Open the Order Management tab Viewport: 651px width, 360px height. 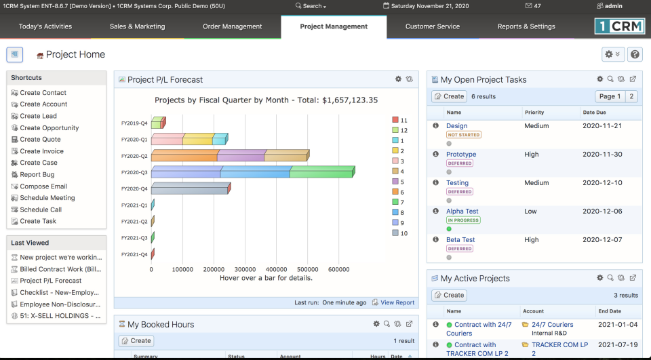(232, 26)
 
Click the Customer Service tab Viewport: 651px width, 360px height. (432, 26)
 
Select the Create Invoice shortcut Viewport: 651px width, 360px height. (41, 151)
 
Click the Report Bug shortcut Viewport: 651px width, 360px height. (37, 175)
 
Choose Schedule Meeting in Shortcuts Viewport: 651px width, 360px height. (47, 198)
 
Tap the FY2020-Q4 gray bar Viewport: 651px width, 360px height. (190, 188)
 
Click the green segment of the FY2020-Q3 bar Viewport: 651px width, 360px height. (321, 172)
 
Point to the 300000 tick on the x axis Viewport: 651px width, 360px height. (245, 269)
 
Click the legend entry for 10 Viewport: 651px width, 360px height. (399, 233)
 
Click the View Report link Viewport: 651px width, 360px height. (397, 303)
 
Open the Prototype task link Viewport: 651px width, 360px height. (461, 155)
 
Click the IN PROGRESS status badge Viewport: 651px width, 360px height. (463, 220)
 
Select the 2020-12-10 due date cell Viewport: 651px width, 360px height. (602, 183)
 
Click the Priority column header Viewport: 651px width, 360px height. (534, 113)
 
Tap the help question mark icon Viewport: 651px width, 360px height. (635, 54)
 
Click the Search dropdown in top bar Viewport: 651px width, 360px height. (311, 6)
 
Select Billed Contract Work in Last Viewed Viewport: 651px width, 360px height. (61, 269)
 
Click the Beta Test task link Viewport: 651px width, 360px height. (460, 240)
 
